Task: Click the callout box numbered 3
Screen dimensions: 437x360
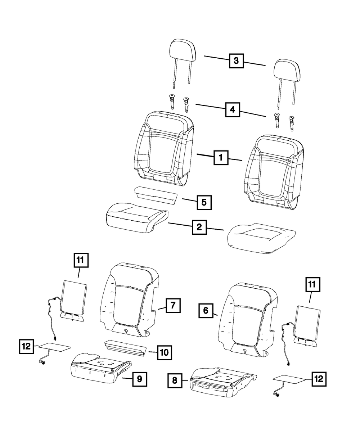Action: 236,61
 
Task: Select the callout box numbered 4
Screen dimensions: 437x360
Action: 233,109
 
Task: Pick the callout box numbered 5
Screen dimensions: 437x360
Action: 204,202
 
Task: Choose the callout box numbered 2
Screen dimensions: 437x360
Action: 199,227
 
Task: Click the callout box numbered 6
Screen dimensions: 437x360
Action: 206,310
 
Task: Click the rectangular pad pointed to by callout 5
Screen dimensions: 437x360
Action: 156,195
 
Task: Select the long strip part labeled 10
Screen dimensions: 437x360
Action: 126,347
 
